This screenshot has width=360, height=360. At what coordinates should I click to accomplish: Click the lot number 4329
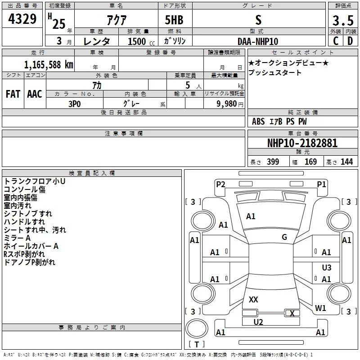click(22, 20)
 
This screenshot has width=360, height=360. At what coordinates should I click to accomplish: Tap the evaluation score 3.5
click(342, 21)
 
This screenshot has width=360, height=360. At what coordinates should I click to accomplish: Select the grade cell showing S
click(258, 20)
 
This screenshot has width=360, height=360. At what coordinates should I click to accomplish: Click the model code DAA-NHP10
click(258, 41)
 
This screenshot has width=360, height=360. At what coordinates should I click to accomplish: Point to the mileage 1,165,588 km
click(48, 64)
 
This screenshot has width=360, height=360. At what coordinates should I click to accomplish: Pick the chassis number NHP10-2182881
click(302, 144)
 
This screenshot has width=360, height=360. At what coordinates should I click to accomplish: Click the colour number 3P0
click(75, 103)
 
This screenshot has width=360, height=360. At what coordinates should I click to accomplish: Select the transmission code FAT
click(13, 94)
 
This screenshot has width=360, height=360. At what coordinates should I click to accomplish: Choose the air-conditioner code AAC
click(35, 94)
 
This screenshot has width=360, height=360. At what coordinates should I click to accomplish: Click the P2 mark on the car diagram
click(220, 184)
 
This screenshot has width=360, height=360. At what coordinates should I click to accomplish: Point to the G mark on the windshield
click(284, 237)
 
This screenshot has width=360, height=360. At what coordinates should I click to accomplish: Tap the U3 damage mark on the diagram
click(327, 267)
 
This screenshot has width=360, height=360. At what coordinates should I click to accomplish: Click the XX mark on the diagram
click(253, 299)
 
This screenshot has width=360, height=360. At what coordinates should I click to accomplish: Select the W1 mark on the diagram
click(320, 308)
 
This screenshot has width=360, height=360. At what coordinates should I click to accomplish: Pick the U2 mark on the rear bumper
click(258, 322)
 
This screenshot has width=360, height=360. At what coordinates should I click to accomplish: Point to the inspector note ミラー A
click(17, 238)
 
